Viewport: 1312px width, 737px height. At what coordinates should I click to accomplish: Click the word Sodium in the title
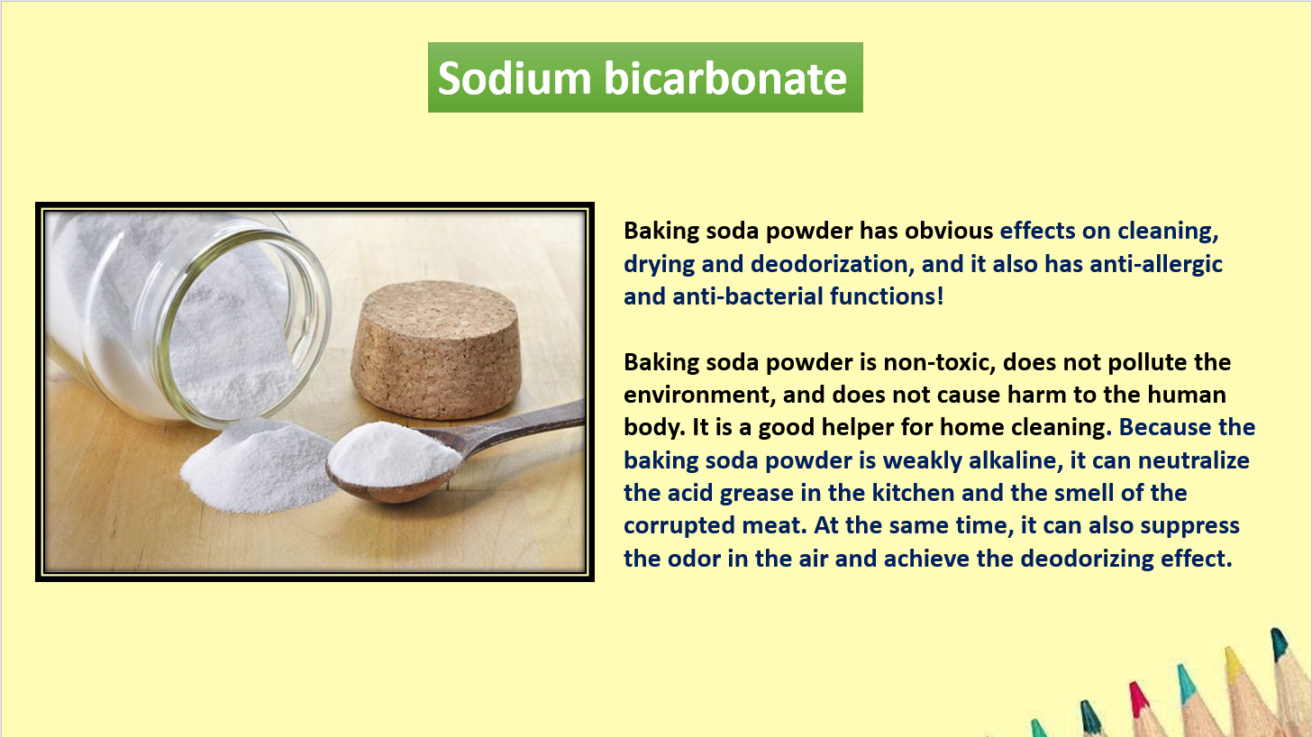click(x=515, y=77)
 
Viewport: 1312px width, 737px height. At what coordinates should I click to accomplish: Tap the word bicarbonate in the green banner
click(x=725, y=77)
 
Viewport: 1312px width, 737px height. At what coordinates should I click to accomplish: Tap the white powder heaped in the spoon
click(x=394, y=453)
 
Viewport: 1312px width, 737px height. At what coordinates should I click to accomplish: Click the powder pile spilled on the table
click(x=258, y=466)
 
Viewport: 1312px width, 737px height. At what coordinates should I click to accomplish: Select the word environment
click(x=699, y=396)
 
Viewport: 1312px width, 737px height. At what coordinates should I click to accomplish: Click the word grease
click(x=756, y=494)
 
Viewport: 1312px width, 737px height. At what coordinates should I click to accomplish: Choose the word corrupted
click(x=679, y=526)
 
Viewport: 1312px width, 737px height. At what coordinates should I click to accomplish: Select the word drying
click(x=659, y=265)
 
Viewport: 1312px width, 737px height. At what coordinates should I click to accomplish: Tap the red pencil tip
click(x=1137, y=698)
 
